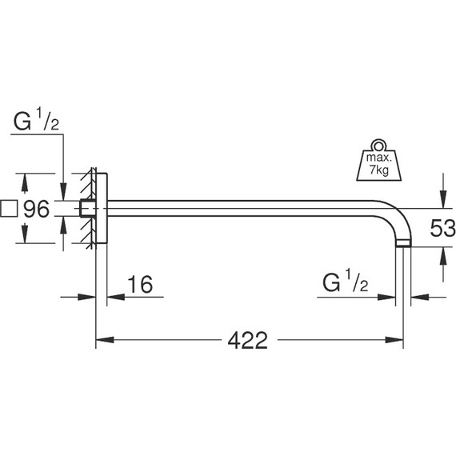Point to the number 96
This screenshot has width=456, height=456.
pos(37,210)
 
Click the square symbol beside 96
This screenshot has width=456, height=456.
pos(10,210)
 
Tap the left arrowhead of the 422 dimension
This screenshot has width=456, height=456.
pos(102,340)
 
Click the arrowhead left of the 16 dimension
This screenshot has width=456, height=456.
pos(90,298)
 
